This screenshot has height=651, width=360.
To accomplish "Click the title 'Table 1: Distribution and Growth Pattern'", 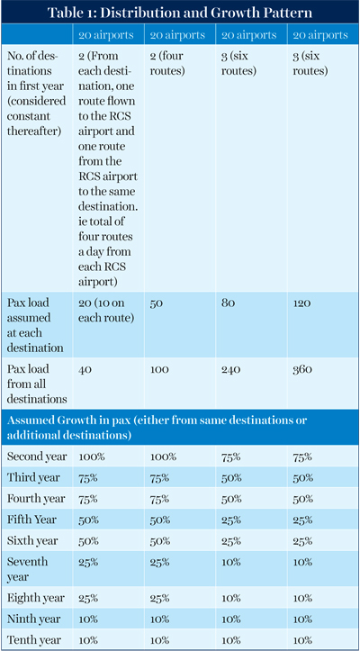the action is (x=180, y=13).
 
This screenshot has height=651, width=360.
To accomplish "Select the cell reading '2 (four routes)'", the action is (x=166, y=63).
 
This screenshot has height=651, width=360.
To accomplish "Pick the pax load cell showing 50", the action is (x=156, y=303).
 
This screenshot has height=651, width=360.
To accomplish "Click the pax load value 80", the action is (x=228, y=303).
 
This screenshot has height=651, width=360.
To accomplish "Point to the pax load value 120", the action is (x=301, y=303).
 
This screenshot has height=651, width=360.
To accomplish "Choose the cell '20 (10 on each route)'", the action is (x=102, y=310).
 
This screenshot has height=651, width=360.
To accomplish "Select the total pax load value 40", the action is (x=85, y=369).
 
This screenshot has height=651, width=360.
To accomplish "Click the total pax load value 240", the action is (x=231, y=369).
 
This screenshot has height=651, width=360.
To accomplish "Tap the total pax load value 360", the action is (x=302, y=369).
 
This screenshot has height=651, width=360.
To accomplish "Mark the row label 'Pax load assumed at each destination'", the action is (x=35, y=326).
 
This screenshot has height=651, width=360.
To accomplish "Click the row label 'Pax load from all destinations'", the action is (x=37, y=384).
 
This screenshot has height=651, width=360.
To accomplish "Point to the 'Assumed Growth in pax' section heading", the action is (x=157, y=428).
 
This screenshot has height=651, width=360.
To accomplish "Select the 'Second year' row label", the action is (x=37, y=457).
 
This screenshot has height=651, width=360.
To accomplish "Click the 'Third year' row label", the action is (x=33, y=478).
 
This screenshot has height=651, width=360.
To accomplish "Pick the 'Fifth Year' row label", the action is (x=31, y=520).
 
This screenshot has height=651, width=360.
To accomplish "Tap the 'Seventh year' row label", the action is (x=27, y=569).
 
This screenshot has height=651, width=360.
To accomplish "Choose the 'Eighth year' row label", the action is (x=36, y=598).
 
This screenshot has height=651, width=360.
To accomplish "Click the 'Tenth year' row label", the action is (x=34, y=640).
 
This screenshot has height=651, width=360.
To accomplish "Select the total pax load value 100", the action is (x=159, y=369).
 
